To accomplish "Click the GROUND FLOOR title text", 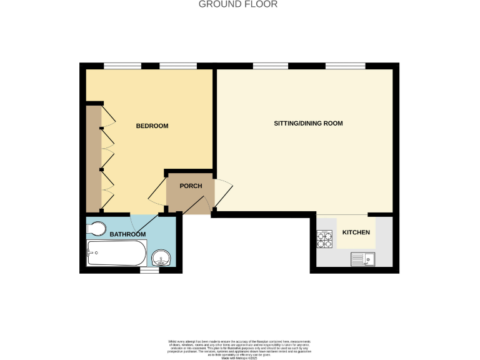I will click(238, 4).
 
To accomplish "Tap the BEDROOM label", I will click(152, 126).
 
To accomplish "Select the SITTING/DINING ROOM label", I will click(308, 124).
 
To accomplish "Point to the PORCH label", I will click(190, 186).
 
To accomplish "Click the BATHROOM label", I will click(127, 234).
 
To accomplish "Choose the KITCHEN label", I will click(356, 232).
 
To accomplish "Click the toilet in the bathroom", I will click(97, 227).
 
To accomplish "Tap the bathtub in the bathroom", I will click(116, 254).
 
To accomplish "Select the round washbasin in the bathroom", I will click(162, 256).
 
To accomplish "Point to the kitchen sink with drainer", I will click(362, 257).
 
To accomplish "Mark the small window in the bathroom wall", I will click(149, 271).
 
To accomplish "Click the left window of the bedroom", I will click(122, 66).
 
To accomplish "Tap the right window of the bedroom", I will click(178, 66).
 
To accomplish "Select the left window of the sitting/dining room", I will click(266, 66).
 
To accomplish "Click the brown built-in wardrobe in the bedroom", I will click(93, 159).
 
